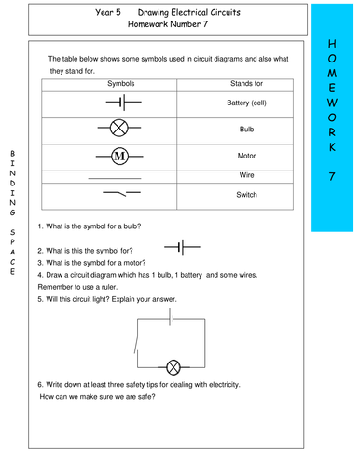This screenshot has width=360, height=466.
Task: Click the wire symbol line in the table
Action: click(x=113, y=176)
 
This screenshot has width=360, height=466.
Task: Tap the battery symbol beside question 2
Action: click(x=180, y=247)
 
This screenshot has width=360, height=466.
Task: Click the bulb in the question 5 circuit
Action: click(x=173, y=366)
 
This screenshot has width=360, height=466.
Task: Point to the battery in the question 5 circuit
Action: click(x=171, y=319)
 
